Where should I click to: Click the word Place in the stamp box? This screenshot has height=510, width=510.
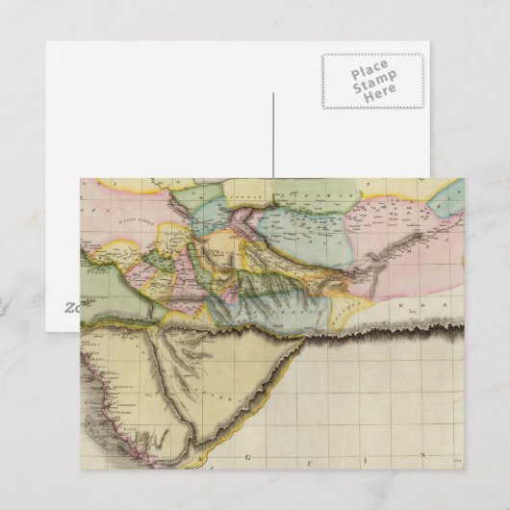371,71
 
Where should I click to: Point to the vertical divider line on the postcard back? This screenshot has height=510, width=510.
273,135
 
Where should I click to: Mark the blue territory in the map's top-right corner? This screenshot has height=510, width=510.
445,196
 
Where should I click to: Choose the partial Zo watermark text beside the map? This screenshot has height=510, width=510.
71,308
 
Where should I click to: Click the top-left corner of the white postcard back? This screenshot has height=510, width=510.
46,41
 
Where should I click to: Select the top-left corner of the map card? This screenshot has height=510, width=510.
81,178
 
